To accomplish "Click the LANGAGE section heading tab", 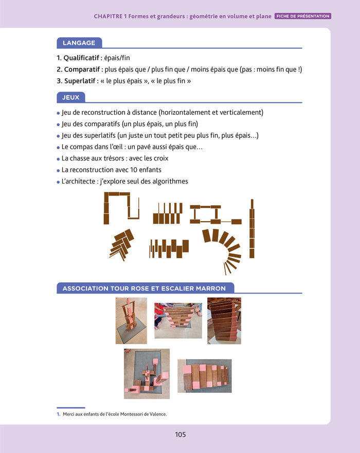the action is click(x=79, y=43).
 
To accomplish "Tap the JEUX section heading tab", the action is click(x=71, y=97).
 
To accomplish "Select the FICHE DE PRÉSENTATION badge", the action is click(x=303, y=16).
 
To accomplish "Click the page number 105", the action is click(x=181, y=434).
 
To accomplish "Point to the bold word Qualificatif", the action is click(x=81, y=58).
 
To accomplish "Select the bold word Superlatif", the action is click(x=80, y=81).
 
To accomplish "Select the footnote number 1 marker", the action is click(x=58, y=414).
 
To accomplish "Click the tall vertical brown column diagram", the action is click(x=252, y=228).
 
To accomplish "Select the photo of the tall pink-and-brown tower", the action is click(x=131, y=321).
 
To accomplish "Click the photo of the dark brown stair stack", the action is click(x=224, y=321).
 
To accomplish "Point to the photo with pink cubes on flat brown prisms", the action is click(x=205, y=376).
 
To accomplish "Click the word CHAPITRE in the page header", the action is click(x=108, y=16).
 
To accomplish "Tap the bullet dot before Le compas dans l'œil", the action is click(x=58, y=148).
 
